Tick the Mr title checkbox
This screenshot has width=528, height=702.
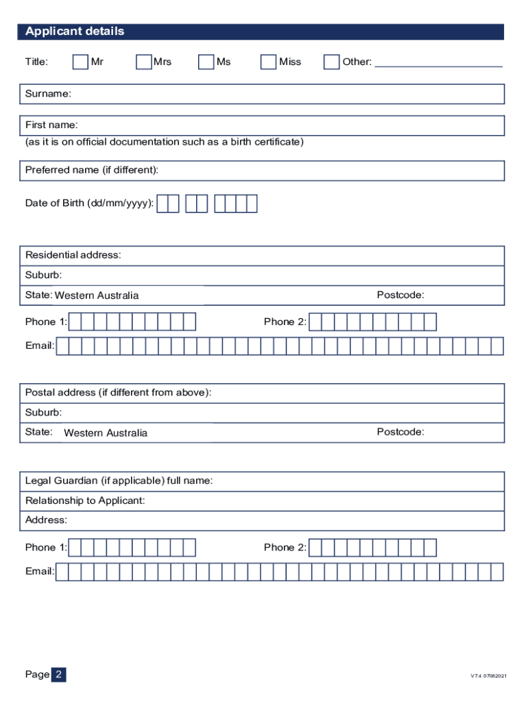tap(80, 62)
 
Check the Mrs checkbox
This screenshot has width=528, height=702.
tap(143, 62)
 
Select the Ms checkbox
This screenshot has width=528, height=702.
tap(206, 62)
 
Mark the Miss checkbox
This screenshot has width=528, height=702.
tap(269, 62)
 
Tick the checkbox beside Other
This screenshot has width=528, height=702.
tap(331, 62)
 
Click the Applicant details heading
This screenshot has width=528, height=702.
tap(75, 32)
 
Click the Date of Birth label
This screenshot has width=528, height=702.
tap(89, 204)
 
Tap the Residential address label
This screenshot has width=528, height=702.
tap(73, 255)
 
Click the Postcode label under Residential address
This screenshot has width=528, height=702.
tap(400, 295)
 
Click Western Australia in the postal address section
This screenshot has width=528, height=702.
tap(106, 433)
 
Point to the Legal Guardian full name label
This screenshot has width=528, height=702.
tap(119, 481)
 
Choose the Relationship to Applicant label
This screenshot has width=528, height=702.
tap(85, 501)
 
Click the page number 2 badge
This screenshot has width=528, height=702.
tap(59, 675)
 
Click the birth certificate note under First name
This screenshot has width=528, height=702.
tap(164, 142)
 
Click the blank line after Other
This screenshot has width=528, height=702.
tap(439, 64)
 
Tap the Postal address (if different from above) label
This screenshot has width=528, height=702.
tap(118, 393)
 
